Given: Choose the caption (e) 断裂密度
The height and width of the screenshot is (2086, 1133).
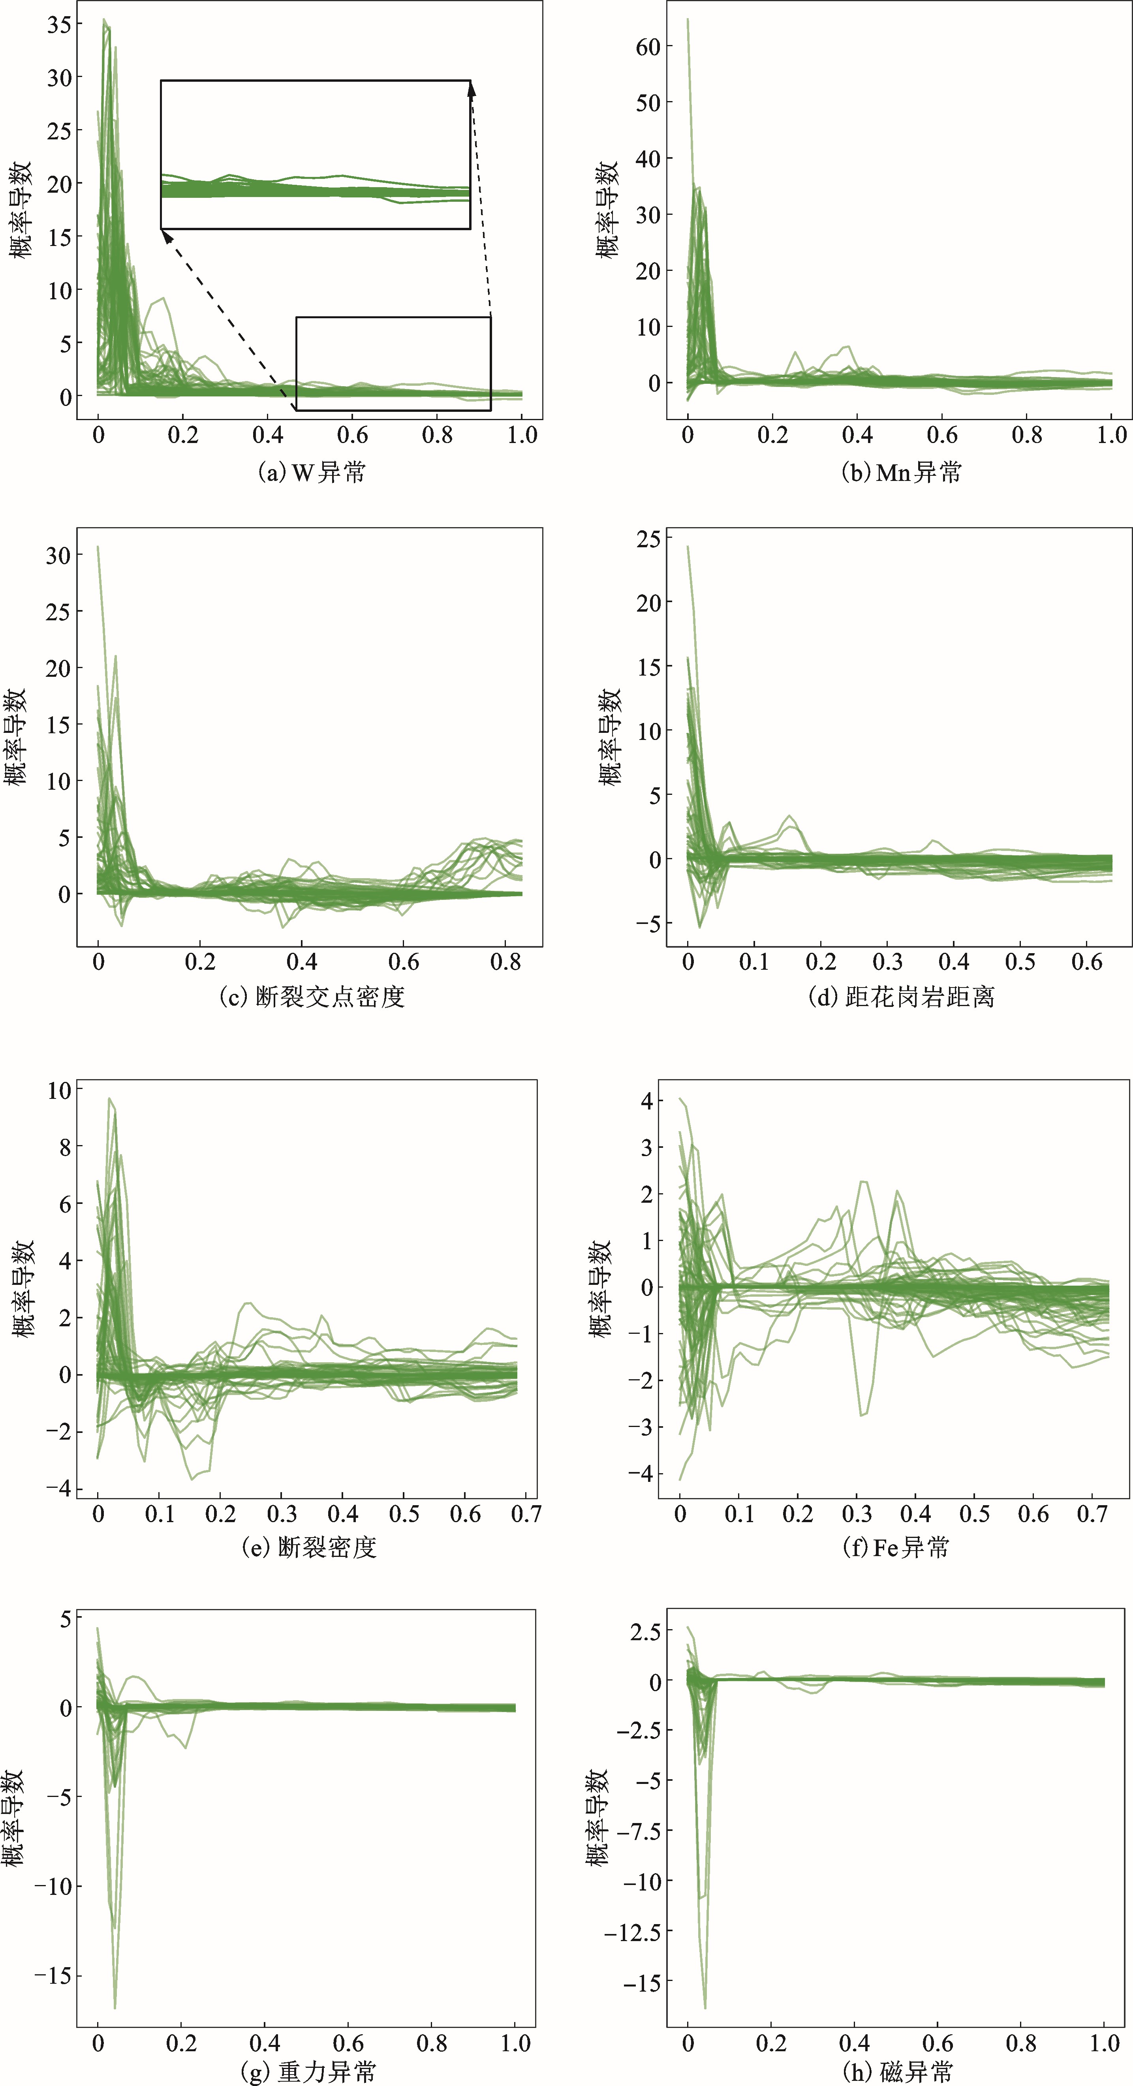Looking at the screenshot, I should pos(309,1547).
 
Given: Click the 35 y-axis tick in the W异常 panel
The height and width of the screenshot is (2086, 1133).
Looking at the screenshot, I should pos(58,24).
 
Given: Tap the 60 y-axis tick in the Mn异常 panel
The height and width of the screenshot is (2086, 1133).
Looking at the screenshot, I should pos(648,47).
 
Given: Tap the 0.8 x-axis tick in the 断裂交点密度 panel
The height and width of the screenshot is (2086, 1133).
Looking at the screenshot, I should pos(505,962).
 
